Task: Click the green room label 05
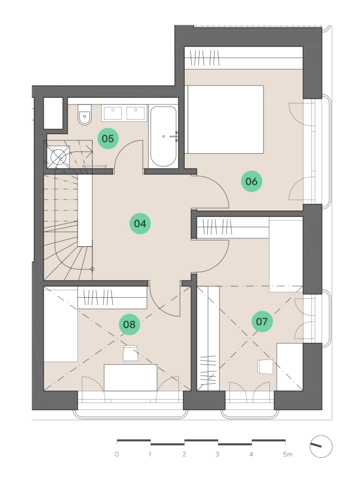[108, 138]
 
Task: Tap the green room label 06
[251, 181]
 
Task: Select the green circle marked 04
[140, 223]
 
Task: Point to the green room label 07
[262, 321]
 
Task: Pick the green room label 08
[129, 325]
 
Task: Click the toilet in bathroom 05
[84, 115]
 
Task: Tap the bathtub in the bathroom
[164, 136]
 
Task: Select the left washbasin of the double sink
[113, 113]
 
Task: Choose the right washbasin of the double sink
[135, 113]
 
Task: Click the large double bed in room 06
[224, 119]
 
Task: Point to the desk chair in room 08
[130, 353]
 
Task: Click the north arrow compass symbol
[321, 446]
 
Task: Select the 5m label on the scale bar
[287, 454]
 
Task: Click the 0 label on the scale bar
[117, 454]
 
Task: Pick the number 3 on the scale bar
[218, 454]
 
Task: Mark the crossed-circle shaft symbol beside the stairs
[58, 157]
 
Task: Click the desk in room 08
[131, 378]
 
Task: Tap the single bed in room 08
[61, 326]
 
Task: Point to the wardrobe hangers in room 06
[205, 58]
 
